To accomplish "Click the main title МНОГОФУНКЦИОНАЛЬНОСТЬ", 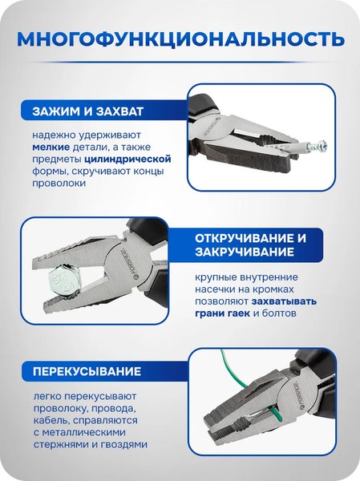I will tap(180, 38).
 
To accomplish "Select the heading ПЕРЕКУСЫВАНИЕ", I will tap(87, 372).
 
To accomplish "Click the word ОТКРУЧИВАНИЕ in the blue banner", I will tap(251, 240).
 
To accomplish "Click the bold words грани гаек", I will tap(227, 313).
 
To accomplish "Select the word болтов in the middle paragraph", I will tap(280, 313).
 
